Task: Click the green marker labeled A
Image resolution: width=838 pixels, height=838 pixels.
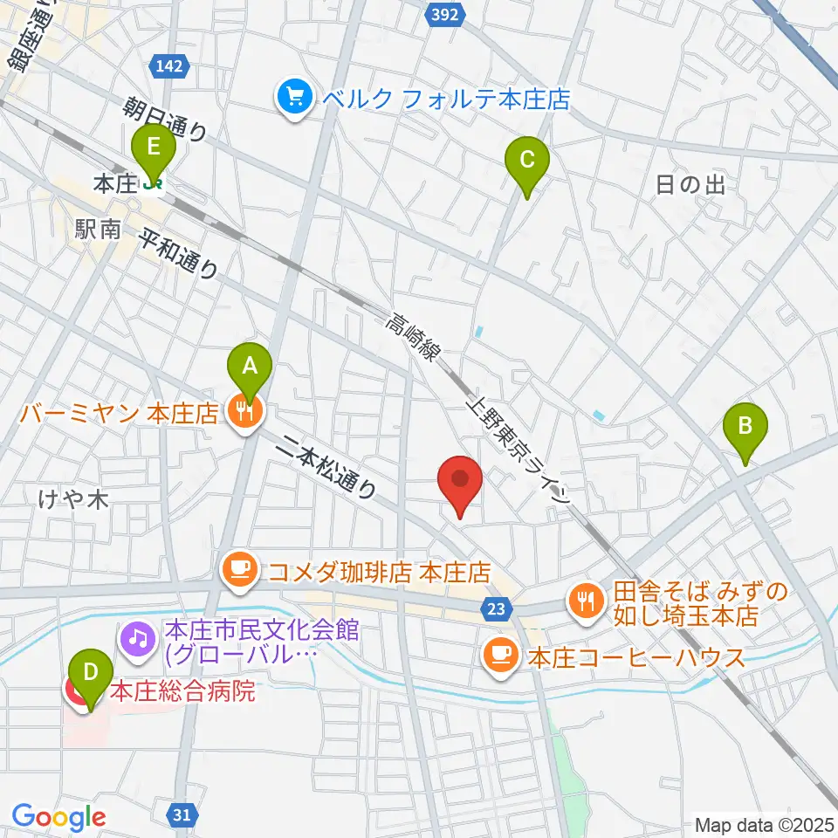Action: pos(250,365)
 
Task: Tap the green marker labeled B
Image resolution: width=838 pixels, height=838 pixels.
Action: pos(745,426)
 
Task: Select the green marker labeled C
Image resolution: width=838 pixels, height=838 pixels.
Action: pos(527,160)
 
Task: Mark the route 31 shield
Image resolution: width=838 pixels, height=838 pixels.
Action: pos(181,814)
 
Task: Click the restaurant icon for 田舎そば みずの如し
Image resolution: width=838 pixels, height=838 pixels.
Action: pos(584,600)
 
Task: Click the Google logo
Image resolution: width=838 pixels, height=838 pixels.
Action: pos(58,817)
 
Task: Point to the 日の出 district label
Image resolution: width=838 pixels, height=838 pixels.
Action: pos(690,184)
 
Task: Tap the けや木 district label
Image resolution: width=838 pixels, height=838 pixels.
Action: pos(73,499)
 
